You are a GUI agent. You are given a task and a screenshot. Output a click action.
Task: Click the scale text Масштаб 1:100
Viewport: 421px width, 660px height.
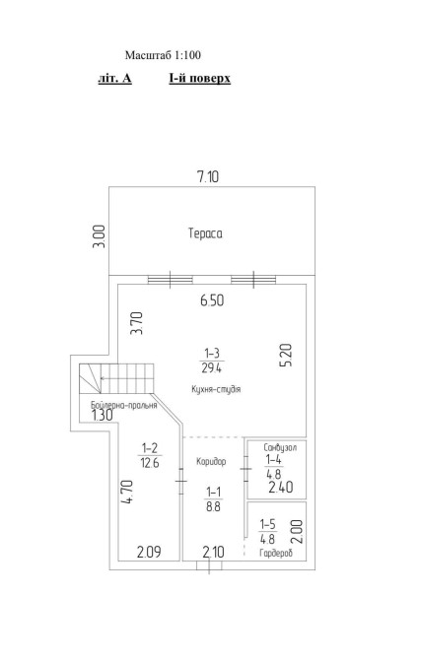coord(163,55)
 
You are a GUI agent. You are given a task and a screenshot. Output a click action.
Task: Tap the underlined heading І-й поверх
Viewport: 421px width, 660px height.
coord(200,78)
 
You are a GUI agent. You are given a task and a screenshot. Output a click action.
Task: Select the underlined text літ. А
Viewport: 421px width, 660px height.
coord(114,78)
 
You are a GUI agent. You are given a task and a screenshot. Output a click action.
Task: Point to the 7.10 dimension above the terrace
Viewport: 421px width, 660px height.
coord(208,176)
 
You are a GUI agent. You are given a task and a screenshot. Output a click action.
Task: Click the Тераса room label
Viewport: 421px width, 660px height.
coord(205,233)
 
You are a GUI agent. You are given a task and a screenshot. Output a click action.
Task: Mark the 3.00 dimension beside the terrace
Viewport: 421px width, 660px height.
coord(99,236)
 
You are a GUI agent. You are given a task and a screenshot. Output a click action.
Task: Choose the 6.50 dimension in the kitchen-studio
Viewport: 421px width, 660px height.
coord(212,300)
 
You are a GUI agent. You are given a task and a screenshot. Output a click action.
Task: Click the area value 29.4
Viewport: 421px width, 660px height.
coord(212,368)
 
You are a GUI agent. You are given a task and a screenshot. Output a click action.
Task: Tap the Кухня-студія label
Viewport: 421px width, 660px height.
coord(216,389)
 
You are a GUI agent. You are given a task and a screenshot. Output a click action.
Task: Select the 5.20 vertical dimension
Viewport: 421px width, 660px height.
coord(286,356)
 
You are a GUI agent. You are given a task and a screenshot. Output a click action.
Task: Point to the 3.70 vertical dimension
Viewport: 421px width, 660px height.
coord(137,323)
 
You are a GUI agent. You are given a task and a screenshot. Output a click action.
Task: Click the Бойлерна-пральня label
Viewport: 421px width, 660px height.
coord(124,405)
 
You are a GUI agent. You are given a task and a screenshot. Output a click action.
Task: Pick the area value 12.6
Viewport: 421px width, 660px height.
coord(150,463)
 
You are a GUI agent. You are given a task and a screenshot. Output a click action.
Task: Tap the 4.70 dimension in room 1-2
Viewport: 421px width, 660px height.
coord(126,493)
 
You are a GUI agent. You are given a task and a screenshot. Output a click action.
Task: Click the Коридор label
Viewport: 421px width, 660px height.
coord(211,462)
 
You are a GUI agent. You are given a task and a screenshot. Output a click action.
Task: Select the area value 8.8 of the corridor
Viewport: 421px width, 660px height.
coord(213,506)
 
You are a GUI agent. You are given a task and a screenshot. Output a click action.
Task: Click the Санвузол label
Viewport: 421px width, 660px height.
coord(280,447)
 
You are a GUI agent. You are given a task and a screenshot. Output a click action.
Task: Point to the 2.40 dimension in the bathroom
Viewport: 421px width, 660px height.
coord(281,488)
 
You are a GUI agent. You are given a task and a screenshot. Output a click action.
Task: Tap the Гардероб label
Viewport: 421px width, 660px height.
coord(276,553)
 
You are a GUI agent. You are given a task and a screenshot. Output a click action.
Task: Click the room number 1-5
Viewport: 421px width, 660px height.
coord(267,524)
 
